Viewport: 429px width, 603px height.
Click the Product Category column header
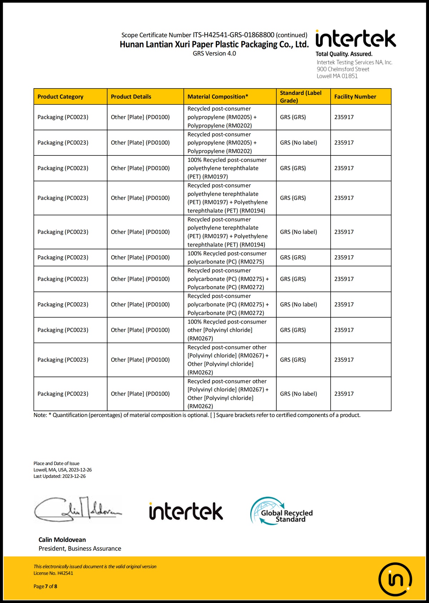click(60, 96)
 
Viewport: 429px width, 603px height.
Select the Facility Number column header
click(355, 96)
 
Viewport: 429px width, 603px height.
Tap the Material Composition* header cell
click(218, 96)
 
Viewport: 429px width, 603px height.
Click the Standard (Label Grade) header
click(301, 96)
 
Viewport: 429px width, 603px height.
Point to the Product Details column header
click(131, 96)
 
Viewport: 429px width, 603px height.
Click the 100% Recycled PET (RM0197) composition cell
click(227, 168)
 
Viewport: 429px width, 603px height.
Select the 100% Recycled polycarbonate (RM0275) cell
click(227, 258)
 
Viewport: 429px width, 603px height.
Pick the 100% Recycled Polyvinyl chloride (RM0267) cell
click(227, 330)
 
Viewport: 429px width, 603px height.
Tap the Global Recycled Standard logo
click(281, 511)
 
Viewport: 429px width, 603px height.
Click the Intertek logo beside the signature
click(186, 511)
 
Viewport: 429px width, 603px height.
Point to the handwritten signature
click(78, 509)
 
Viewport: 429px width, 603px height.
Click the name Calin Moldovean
click(62, 539)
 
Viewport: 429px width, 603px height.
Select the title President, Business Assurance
click(80, 548)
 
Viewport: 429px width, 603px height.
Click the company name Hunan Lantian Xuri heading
click(214, 44)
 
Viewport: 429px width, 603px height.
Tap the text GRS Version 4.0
click(214, 54)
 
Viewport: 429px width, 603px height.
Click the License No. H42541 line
click(53, 573)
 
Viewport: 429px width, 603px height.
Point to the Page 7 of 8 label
click(45, 586)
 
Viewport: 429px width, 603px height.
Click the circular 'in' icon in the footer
click(395, 579)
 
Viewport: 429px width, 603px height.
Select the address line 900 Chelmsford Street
click(343, 69)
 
